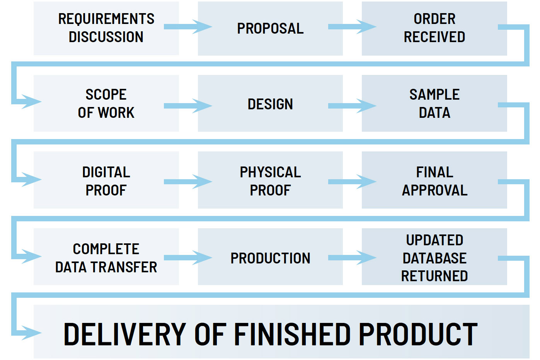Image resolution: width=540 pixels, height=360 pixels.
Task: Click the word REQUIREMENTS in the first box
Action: pyautogui.click(x=106, y=19)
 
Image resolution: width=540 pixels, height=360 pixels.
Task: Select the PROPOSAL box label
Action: pyautogui.click(x=270, y=29)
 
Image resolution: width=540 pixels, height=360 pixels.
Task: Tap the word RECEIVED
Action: pyautogui.click(x=434, y=37)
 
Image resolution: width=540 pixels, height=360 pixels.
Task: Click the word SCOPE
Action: pyautogui.click(x=106, y=94)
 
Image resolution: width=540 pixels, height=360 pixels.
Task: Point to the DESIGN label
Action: pyautogui.click(x=270, y=104)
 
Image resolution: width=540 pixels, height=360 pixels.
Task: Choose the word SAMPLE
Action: pyautogui.click(x=434, y=94)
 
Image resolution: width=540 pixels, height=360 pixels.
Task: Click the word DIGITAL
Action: pyautogui.click(x=106, y=172)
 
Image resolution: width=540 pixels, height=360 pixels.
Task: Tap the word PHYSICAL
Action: pyautogui.click(x=270, y=172)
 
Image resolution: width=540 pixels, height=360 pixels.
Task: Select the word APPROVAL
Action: pyautogui.click(x=434, y=190)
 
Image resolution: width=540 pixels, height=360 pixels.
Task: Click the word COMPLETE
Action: pyautogui.click(x=106, y=249)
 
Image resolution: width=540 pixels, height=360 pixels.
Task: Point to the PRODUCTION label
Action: pyautogui.click(x=270, y=258)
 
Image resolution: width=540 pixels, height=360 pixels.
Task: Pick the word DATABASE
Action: pyautogui.click(x=434, y=258)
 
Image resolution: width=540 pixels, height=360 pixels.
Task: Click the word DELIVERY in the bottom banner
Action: pyautogui.click(x=124, y=335)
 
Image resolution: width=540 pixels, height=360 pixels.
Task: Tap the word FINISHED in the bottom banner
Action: pyautogui.click(x=292, y=335)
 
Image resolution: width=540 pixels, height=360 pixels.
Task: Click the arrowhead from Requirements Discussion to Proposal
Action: pyautogui.click(x=202, y=27)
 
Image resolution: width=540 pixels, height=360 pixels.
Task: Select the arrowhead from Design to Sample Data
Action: pyautogui.click(x=366, y=105)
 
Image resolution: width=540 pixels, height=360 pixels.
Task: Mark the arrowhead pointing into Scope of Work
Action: pyautogui.click(x=32, y=102)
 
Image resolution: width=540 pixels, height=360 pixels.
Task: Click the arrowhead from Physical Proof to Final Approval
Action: pyautogui.click(x=366, y=182)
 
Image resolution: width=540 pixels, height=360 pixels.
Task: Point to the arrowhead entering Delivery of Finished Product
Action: pyautogui.click(x=32, y=333)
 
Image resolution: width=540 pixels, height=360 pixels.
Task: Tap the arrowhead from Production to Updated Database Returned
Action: pyautogui.click(x=366, y=258)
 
